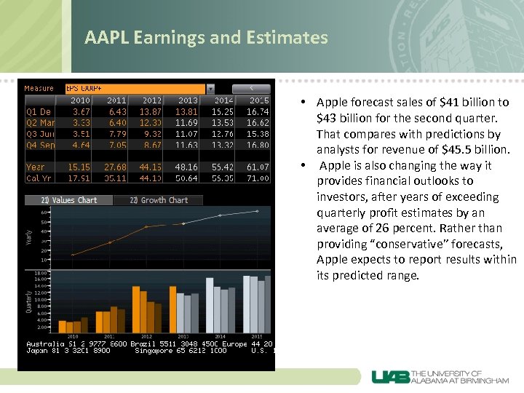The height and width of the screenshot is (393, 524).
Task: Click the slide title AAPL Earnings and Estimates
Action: click(206, 37)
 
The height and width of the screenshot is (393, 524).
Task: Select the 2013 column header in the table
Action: click(187, 100)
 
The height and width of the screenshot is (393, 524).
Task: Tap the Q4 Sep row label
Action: click(39, 146)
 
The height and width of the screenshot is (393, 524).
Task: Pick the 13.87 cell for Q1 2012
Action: click(151, 112)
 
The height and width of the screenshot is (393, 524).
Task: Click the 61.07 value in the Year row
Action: click(258, 167)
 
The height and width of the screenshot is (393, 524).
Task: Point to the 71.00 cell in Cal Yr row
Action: click(258, 178)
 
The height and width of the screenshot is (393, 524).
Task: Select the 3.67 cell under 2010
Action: click(80, 112)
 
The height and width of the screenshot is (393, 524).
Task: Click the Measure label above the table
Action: click(39, 89)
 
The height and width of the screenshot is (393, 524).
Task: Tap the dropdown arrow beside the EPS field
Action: click(210, 89)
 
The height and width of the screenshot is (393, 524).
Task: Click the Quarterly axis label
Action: click(30, 300)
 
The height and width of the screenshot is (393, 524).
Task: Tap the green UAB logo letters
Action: click(391, 377)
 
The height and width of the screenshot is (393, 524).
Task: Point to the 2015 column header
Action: click(258, 100)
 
